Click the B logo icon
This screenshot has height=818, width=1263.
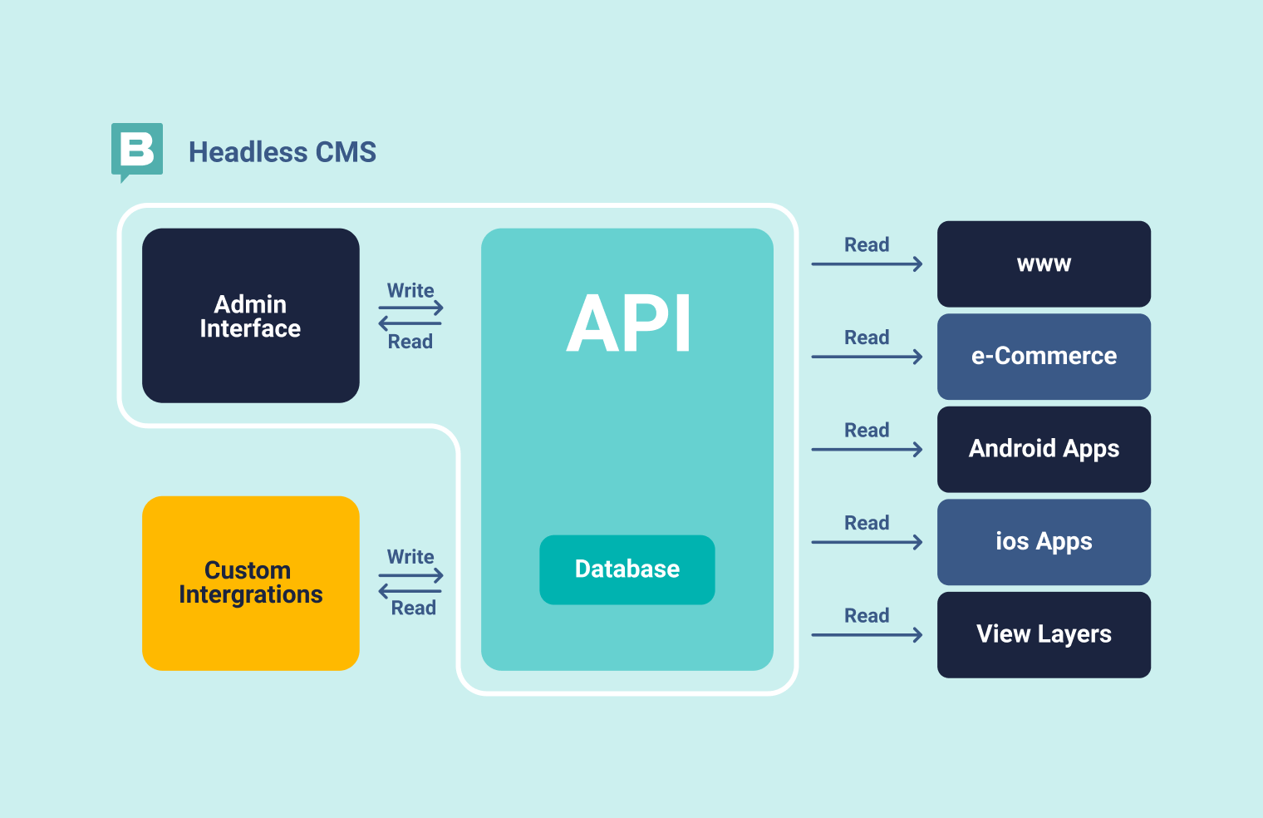pos(137,150)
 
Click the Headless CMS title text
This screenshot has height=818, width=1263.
pos(282,152)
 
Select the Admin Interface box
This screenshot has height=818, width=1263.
pos(250,316)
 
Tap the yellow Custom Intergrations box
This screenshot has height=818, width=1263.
pos(250,583)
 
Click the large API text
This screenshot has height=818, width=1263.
pos(628,323)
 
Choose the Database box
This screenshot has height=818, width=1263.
pos(627,569)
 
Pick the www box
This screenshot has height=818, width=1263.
pos(1044,264)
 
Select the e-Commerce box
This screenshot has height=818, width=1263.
pos(1044,357)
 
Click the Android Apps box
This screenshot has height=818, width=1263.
pos(1044,449)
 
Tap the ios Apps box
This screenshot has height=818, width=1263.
pos(1044,542)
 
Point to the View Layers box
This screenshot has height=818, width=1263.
pos(1044,634)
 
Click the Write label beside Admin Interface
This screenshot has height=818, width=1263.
pos(410,290)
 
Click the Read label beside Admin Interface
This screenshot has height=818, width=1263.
pos(410,342)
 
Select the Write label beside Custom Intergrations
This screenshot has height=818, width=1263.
pos(410,557)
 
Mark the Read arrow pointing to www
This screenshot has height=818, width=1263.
pos(867,264)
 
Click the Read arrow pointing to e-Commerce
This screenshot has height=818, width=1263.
pos(867,357)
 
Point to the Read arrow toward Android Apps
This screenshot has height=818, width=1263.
pos(867,450)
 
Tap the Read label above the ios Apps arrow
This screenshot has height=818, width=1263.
pos(867,523)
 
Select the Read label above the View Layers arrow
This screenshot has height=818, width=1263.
pos(867,615)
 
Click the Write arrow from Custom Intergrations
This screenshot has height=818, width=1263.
pos(410,575)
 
